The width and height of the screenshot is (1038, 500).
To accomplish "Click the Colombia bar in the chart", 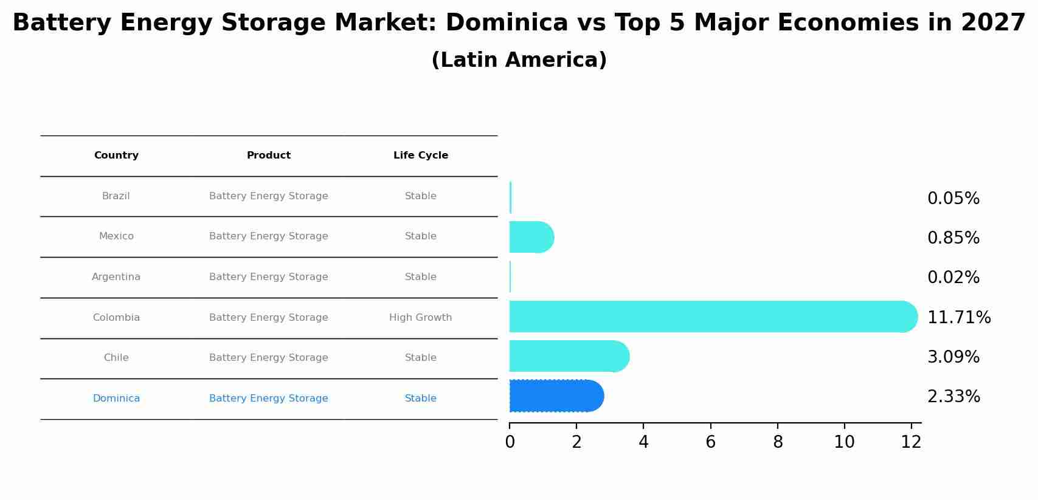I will (x=711, y=317).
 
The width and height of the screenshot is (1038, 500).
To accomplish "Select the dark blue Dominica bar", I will (x=555, y=396).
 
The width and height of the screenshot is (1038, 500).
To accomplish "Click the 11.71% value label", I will (x=958, y=318).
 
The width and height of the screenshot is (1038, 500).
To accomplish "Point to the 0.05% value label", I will (x=953, y=199).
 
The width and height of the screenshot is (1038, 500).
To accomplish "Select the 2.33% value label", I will (x=953, y=397).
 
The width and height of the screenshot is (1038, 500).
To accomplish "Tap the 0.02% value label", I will (x=953, y=278).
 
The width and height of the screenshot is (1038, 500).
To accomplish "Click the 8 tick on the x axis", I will (x=778, y=442).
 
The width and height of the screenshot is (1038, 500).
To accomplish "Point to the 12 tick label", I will (x=911, y=442).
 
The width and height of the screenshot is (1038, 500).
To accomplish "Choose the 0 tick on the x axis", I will (x=510, y=442).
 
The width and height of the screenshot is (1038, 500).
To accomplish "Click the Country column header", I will (x=116, y=156).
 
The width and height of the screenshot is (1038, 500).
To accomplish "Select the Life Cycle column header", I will (x=420, y=156).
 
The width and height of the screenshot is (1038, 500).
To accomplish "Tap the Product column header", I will (x=268, y=156).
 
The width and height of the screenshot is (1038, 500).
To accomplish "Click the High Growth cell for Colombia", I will (x=420, y=318).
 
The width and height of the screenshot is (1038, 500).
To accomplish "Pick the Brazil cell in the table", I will (x=116, y=196).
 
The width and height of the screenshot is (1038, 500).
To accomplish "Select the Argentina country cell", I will (x=116, y=277).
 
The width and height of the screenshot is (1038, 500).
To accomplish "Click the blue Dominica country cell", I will (x=116, y=399).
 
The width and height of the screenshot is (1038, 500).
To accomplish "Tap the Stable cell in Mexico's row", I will (x=420, y=236).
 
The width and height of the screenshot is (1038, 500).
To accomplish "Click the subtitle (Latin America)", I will (x=519, y=60).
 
